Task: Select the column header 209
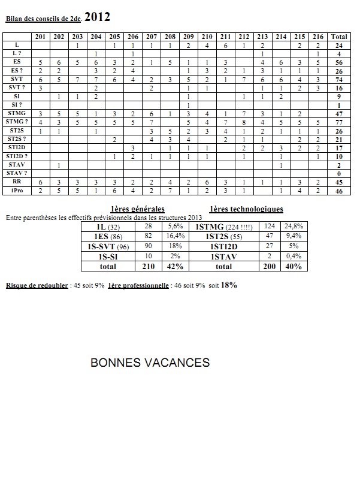pyautogui.click(x=188, y=37)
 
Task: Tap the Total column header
pyautogui.click(x=339, y=37)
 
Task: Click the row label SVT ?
pyautogui.click(x=17, y=87)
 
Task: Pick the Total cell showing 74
pyautogui.click(x=339, y=79)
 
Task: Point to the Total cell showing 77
pyautogui.click(x=339, y=122)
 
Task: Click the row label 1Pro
pyautogui.click(x=17, y=191)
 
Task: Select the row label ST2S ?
pyautogui.click(x=17, y=139)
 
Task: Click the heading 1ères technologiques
pyautogui.click(x=247, y=209)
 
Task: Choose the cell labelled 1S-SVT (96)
pyautogui.click(x=107, y=246)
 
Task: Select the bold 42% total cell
pyautogui.click(x=176, y=265)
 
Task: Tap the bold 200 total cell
pyautogui.click(x=270, y=265)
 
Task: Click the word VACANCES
pyautogui.click(x=179, y=363)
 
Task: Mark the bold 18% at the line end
pyautogui.click(x=228, y=285)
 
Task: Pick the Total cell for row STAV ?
pyautogui.click(x=339, y=174)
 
